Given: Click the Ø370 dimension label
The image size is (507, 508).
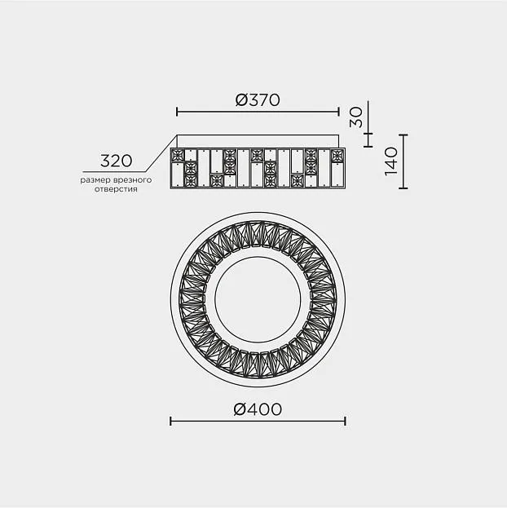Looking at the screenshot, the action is [x=258, y=99].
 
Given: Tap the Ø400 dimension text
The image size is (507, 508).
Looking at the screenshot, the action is [x=258, y=409].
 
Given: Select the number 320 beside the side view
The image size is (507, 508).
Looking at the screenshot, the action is [x=117, y=161].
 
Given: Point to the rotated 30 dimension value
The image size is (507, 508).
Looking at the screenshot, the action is [x=356, y=117].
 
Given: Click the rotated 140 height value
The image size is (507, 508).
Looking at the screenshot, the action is [x=391, y=161].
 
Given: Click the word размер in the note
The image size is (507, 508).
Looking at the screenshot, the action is [x=96, y=180].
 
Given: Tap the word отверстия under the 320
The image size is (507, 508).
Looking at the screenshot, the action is [x=116, y=189].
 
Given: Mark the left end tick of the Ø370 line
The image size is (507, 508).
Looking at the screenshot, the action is [x=177, y=112].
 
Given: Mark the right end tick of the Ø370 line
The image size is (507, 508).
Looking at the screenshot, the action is [x=339, y=112].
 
